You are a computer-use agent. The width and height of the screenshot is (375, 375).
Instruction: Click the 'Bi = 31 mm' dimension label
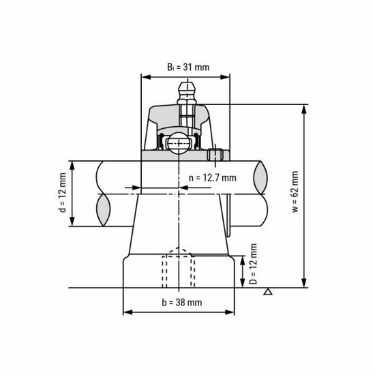coord(187,66)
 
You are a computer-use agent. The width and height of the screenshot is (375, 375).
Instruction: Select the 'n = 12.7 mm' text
coord(212,178)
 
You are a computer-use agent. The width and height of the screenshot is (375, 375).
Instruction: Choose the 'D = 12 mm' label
coord(254,265)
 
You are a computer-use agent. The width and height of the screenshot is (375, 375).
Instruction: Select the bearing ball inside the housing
coord(179,142)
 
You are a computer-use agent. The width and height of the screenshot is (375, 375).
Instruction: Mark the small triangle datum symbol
coord(269,293)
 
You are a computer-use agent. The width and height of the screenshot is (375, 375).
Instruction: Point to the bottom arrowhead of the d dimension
coord(72,225)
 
